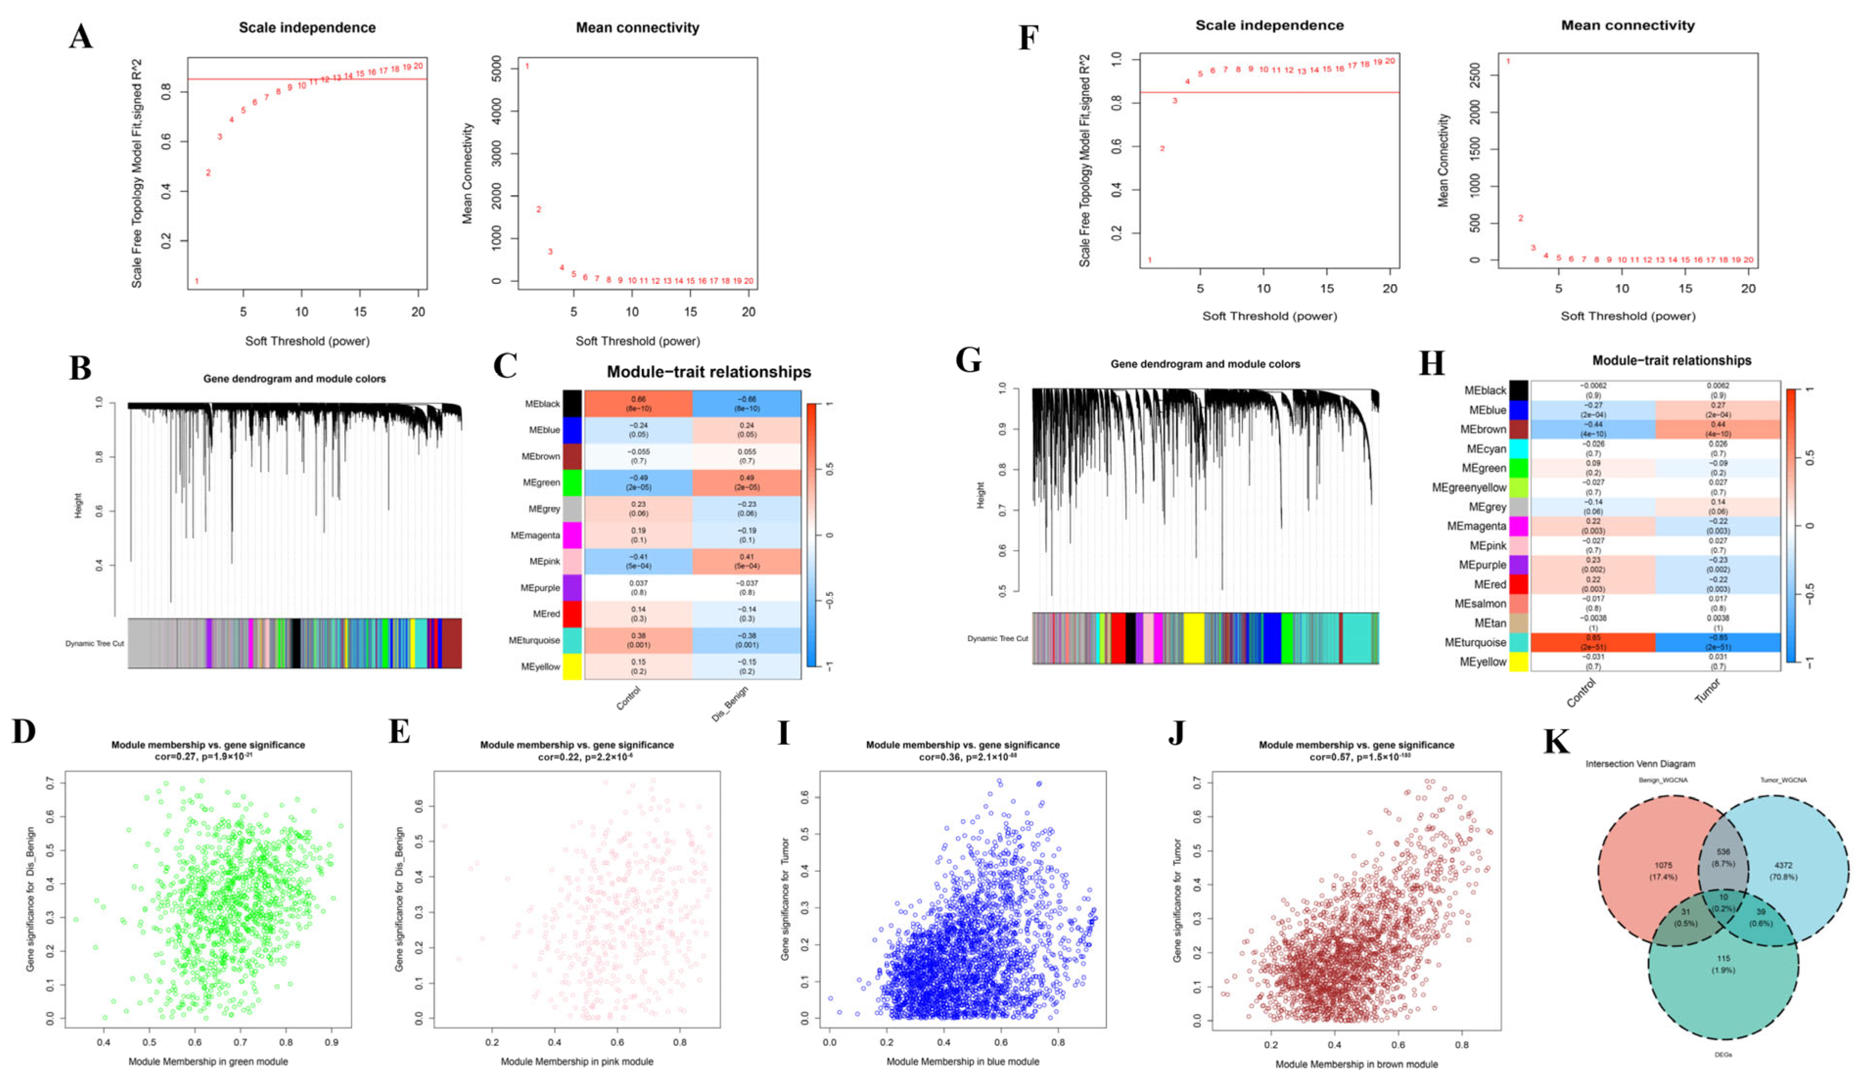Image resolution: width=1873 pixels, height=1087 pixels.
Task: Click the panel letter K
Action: tap(1556, 742)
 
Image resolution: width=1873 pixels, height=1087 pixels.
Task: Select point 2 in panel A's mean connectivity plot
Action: tap(539, 209)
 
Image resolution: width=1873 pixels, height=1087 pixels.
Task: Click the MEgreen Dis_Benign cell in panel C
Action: tap(746, 483)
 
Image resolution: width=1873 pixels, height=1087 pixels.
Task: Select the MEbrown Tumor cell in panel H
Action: tap(1718, 429)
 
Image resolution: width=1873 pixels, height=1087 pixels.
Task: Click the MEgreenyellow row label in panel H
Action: tap(1469, 488)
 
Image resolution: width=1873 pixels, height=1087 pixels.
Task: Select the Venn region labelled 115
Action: tap(1723, 964)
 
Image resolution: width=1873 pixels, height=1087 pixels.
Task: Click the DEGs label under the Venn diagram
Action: tap(1723, 1054)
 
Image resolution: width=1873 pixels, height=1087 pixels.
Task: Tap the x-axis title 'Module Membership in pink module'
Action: tap(577, 1062)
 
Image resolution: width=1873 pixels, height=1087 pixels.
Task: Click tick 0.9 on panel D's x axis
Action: tap(331, 1042)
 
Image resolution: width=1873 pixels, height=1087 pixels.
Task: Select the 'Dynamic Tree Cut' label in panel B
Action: tap(94, 644)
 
